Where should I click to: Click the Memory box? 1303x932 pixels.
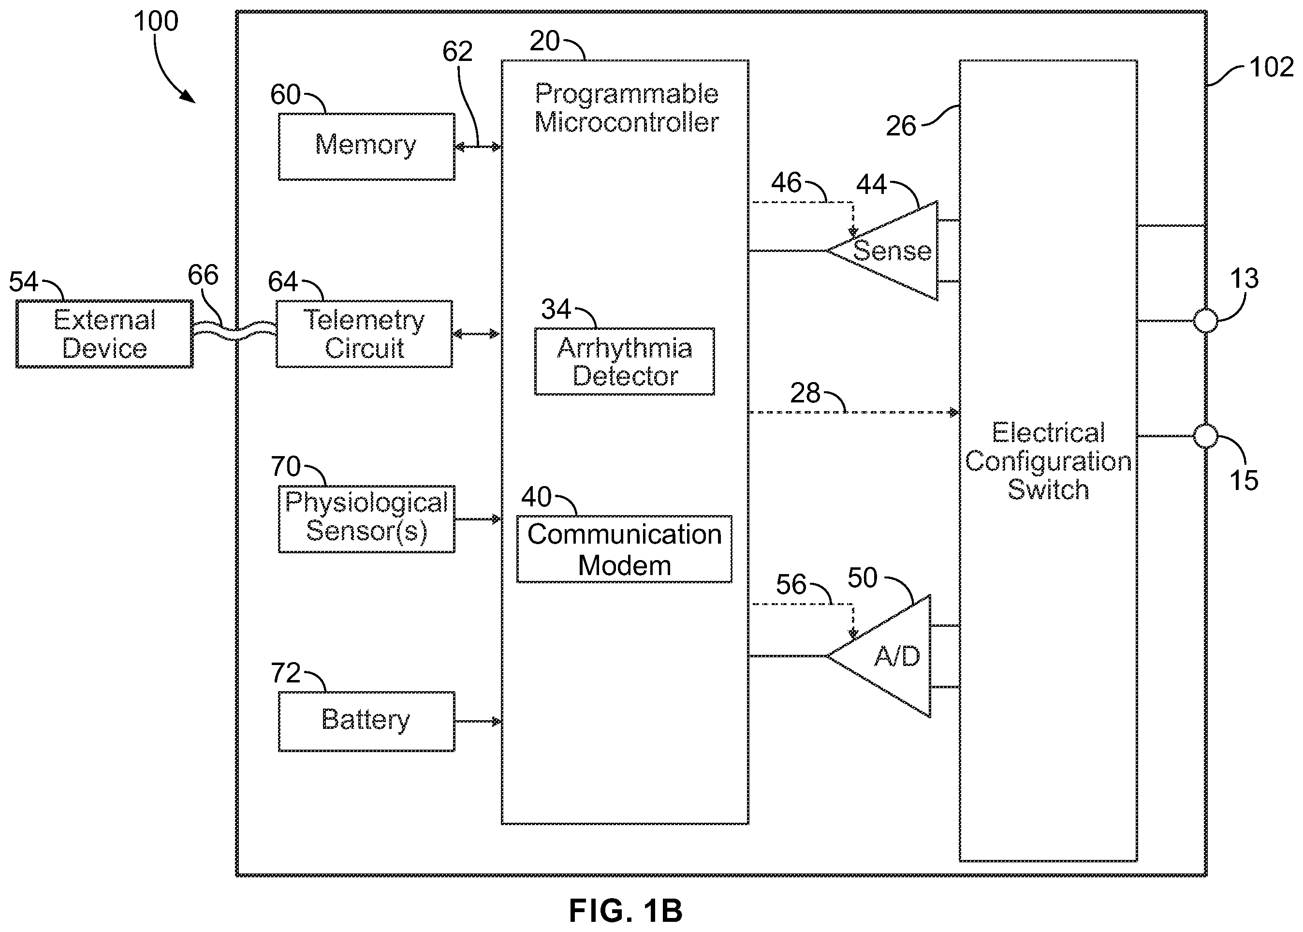click(x=366, y=147)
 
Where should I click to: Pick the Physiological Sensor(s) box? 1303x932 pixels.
click(x=366, y=519)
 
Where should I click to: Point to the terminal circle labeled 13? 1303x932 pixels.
click(x=1205, y=321)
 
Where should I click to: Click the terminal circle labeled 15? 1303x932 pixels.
click(x=1205, y=436)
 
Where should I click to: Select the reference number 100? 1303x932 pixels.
click(x=156, y=22)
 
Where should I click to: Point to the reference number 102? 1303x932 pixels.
click(x=1272, y=67)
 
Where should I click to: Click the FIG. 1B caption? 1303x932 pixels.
click(x=626, y=910)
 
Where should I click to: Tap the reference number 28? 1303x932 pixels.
click(x=805, y=393)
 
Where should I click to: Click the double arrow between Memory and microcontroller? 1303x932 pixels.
click(x=479, y=148)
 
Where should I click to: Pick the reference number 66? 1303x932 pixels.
click(x=203, y=276)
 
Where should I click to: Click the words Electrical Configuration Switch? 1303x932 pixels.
click(x=1048, y=461)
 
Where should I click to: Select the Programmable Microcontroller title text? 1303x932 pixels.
click(x=627, y=108)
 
